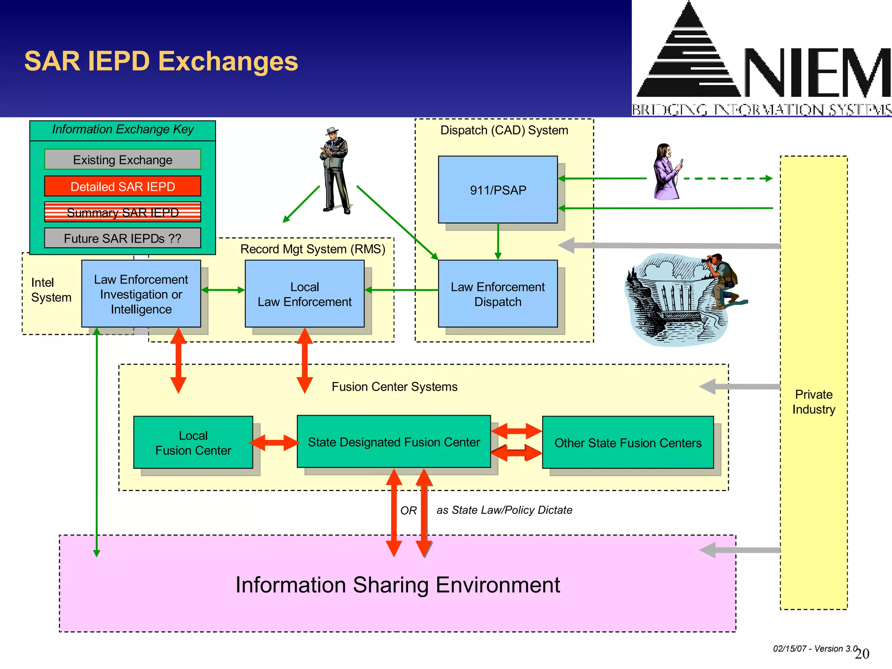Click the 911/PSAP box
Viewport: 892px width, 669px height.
(497, 190)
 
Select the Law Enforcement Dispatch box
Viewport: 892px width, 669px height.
(497, 294)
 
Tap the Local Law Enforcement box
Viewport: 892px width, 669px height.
(304, 294)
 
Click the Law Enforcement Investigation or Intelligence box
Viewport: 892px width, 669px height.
(141, 294)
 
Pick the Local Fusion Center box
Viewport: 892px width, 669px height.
(193, 443)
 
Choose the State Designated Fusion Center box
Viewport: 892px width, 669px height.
(394, 442)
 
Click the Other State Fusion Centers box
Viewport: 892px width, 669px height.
(628, 443)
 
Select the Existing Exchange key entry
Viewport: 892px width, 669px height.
(122, 160)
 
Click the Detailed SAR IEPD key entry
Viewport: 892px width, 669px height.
(122, 186)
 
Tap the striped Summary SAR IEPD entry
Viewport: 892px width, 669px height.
(122, 213)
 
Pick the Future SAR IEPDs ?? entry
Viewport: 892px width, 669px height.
(122, 238)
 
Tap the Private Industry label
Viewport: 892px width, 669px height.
(814, 402)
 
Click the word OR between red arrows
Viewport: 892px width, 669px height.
(409, 510)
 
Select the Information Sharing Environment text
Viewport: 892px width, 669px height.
(397, 585)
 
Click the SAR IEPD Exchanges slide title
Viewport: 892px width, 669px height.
(161, 61)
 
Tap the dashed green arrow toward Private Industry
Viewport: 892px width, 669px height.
(727, 178)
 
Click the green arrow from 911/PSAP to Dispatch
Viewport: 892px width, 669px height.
(498, 242)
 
